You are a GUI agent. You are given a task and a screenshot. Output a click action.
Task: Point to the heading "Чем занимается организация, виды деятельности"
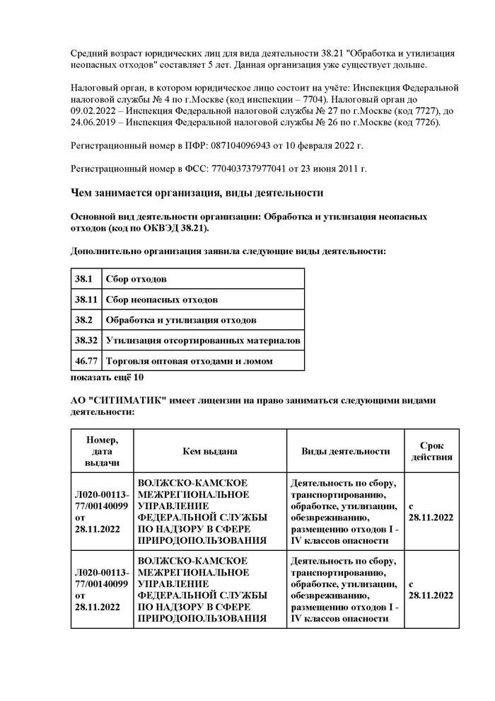click(197, 193)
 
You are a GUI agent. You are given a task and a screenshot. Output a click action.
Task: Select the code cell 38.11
click(86, 300)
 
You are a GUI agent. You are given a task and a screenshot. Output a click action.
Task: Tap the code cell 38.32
click(86, 341)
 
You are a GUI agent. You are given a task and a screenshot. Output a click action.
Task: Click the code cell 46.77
click(86, 361)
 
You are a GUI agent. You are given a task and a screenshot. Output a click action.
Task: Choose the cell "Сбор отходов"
click(141, 280)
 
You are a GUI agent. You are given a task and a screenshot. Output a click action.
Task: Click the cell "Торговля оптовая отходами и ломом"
click(189, 361)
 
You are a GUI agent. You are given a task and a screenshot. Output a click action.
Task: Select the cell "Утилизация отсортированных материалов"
click(203, 341)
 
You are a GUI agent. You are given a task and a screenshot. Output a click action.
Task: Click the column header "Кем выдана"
click(209, 451)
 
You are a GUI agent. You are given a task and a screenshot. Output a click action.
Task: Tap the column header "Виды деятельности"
click(346, 451)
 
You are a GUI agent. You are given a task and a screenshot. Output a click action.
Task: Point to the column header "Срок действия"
click(431, 451)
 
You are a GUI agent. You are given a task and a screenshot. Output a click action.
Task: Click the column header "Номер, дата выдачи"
click(102, 451)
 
